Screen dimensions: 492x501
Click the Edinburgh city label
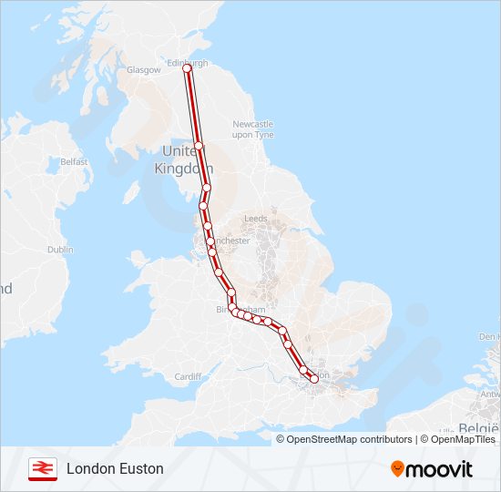pyautogui.click(x=189, y=63)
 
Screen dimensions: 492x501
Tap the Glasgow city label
pyautogui.click(x=143, y=70)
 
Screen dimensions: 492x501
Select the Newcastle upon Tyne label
pyautogui.click(x=252, y=128)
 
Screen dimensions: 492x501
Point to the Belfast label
pyautogui.click(x=74, y=162)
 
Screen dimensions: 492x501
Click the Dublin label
pyautogui.click(x=60, y=249)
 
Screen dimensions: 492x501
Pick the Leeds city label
pyautogui.click(x=255, y=219)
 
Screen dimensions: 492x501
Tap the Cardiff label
pyautogui.click(x=188, y=376)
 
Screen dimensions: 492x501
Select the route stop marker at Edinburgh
pyautogui.click(x=188, y=68)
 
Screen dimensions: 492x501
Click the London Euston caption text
pyautogui.click(x=115, y=468)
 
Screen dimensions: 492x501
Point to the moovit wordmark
pyautogui.click(x=439, y=469)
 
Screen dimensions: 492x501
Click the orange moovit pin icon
pyautogui.click(x=397, y=468)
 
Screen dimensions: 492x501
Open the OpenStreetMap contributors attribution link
pyautogui.click(x=349, y=439)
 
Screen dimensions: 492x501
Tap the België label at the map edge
pyautogui.click(x=477, y=427)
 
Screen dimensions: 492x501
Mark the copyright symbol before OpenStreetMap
pyautogui.click(x=281, y=439)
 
